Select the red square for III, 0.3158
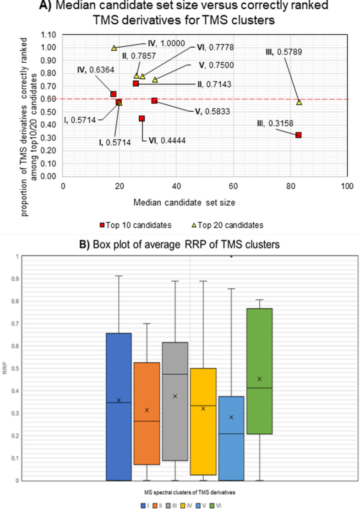point(299,135)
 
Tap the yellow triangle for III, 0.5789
point(299,102)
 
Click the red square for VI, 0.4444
point(142,119)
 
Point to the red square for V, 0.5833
point(154,101)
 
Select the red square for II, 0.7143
point(136,83)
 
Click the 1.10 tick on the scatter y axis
point(48,35)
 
